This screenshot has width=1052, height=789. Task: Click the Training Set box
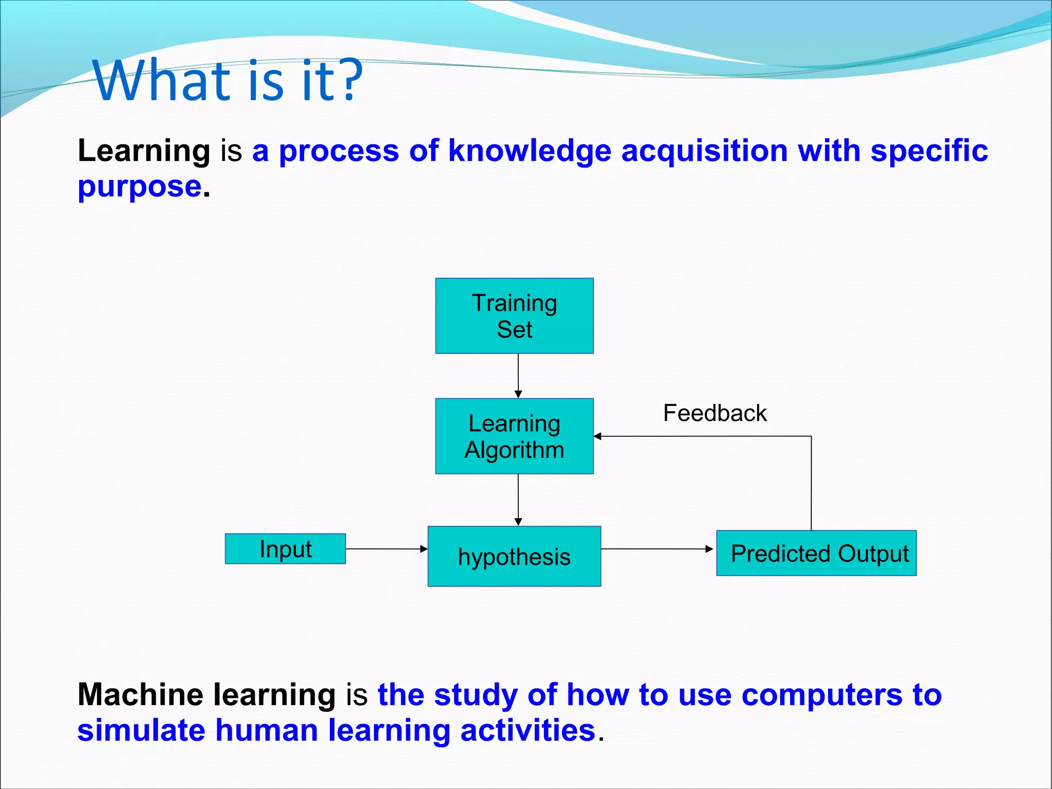(x=514, y=316)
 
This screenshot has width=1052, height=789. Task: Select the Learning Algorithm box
(x=514, y=436)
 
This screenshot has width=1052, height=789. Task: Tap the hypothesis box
(x=514, y=556)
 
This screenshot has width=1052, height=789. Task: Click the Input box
(x=285, y=548)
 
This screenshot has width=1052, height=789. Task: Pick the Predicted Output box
(x=816, y=553)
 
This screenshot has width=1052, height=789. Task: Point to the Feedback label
(x=715, y=413)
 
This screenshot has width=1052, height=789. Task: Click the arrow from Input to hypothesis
(x=386, y=549)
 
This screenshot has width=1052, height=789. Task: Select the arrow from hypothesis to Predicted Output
(x=656, y=549)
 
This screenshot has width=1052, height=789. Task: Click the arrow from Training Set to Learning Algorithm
(x=518, y=376)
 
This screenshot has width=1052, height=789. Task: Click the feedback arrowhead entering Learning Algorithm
(x=597, y=436)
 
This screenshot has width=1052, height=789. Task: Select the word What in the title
(x=161, y=81)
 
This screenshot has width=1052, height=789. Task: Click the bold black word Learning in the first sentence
(x=144, y=151)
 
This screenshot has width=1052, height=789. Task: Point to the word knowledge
(x=530, y=151)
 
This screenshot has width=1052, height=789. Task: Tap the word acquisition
(x=704, y=151)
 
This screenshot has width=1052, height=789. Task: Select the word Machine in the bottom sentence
(x=140, y=695)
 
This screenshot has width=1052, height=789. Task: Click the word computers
(x=822, y=695)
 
